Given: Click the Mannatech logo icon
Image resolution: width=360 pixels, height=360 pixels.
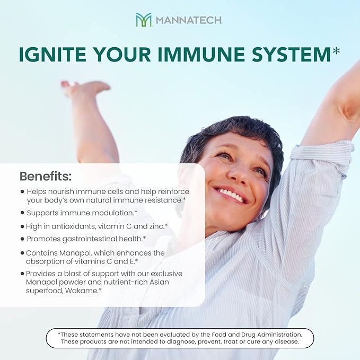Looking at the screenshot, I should click(144, 20).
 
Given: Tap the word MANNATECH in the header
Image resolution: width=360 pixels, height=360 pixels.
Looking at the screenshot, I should click(189, 21).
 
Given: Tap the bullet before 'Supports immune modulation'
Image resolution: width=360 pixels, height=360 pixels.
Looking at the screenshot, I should click(22, 212).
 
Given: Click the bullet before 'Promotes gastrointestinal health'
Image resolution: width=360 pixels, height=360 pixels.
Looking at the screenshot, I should click(22, 239).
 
